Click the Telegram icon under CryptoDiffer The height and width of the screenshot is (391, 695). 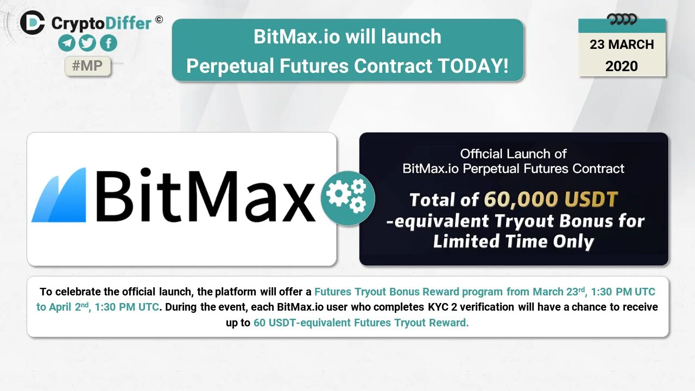67,43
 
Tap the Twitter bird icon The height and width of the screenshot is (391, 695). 87,43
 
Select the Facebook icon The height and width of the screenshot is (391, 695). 109,43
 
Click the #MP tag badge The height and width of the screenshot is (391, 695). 87,66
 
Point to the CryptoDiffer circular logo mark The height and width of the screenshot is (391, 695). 33,23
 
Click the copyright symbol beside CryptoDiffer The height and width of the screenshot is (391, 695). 159,20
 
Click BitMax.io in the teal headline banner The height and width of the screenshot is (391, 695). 291,36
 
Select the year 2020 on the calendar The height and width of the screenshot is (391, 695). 622,66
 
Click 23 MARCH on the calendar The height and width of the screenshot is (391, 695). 622,45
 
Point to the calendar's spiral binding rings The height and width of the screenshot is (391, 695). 622,20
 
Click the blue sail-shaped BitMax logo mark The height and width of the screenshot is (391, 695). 59,195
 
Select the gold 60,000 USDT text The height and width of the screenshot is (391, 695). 551,200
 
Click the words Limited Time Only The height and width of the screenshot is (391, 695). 514,242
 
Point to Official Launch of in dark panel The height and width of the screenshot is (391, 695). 514,154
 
